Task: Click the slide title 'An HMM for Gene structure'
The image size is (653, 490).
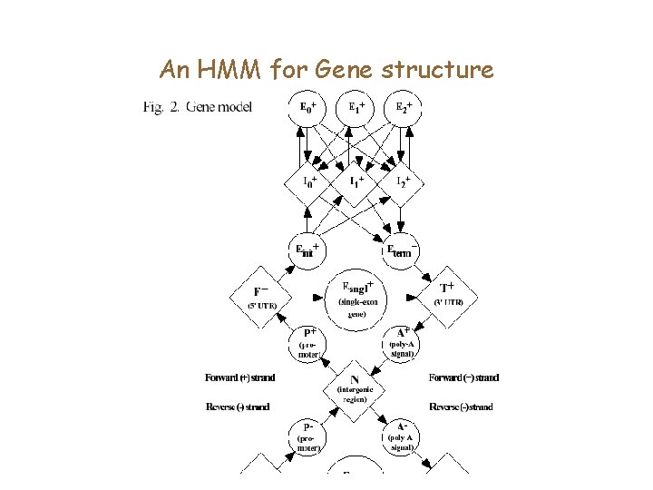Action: [x=326, y=69]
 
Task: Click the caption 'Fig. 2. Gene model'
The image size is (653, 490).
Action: [x=198, y=108]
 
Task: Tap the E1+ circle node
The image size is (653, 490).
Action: [x=358, y=110]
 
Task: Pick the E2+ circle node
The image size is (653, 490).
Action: [x=404, y=110]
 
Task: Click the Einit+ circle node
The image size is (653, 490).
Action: [x=307, y=249]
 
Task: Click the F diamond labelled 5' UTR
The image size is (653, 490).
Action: [x=260, y=297]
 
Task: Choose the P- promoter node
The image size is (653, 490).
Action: [x=308, y=436]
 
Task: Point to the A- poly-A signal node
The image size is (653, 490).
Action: [x=402, y=436]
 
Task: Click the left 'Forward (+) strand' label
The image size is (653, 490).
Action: [x=240, y=377]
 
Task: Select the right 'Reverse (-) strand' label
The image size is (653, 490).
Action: [x=462, y=407]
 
